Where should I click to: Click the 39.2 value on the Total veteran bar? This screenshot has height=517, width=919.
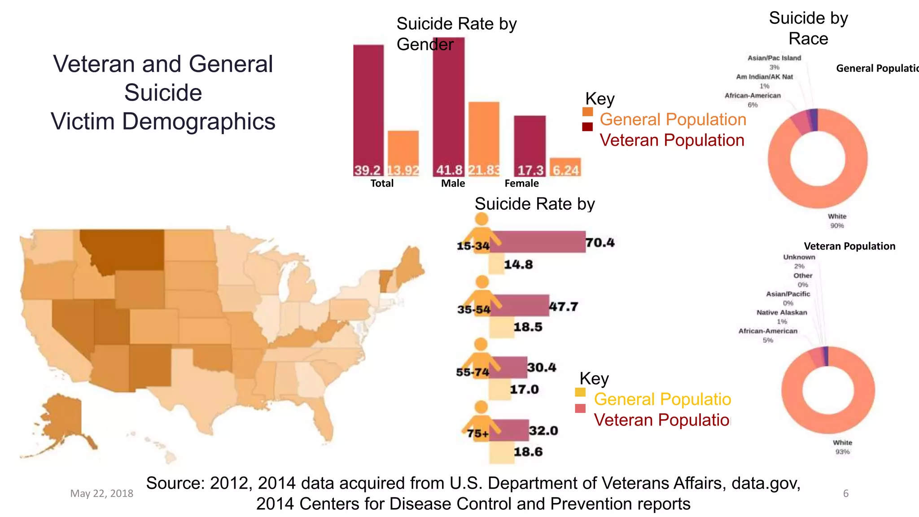click(x=368, y=170)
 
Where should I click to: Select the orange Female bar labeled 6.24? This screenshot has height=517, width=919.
click(x=565, y=166)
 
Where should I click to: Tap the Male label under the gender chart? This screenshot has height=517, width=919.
click(x=453, y=183)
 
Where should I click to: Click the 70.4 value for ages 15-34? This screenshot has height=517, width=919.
click(x=600, y=243)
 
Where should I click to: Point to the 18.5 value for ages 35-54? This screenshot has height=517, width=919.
click(x=528, y=327)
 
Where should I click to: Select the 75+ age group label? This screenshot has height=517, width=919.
click(x=477, y=434)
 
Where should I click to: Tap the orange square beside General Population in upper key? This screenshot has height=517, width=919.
click(x=587, y=112)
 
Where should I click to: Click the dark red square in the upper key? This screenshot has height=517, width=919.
click(x=587, y=127)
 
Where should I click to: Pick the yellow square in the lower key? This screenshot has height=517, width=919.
click(x=580, y=392)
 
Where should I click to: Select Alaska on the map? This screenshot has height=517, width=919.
click(x=63, y=417)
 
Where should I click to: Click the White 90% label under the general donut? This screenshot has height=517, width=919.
click(x=837, y=221)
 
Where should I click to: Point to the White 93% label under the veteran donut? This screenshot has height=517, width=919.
click(x=842, y=447)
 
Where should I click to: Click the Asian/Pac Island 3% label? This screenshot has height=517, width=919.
click(x=774, y=62)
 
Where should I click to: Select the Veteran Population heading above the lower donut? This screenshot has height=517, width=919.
click(x=849, y=246)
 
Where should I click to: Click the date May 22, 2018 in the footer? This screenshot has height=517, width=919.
click(x=101, y=493)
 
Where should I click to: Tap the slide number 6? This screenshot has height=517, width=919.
click(x=845, y=493)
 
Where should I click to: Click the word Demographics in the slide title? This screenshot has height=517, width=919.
click(x=198, y=121)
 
